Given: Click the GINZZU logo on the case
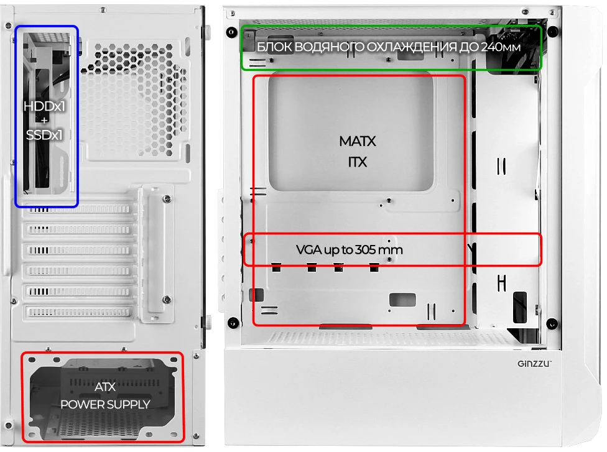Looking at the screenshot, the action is (534, 363).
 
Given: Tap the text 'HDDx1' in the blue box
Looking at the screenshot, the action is (44, 106).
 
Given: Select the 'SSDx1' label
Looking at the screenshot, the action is (44, 135).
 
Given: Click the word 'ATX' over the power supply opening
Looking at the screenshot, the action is (105, 387).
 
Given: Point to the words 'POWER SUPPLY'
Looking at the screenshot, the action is (105, 404).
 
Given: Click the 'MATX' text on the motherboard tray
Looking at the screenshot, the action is (358, 141).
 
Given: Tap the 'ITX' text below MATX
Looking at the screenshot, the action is (358, 162).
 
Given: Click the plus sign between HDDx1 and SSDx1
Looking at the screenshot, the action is (44, 121).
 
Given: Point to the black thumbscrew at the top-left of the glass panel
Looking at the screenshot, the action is (231, 32).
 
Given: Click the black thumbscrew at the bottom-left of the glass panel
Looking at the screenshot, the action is (233, 322).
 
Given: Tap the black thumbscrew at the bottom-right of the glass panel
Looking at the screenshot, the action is (552, 323).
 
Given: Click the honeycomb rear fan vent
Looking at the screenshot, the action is (134, 101).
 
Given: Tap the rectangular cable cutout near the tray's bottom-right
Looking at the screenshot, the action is (402, 300).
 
